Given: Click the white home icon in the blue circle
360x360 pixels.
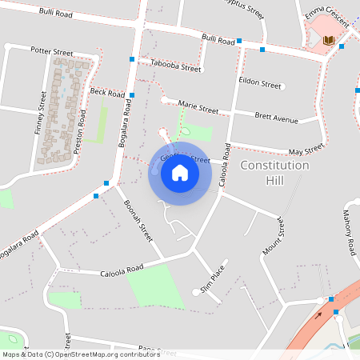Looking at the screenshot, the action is click(179, 173).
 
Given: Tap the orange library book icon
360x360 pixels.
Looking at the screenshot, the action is click(327, 41).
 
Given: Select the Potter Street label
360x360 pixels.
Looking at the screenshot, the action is click(51, 52).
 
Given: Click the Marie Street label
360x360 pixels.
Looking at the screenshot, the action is click(198, 107).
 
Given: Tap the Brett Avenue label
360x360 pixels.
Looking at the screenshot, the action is click(275, 118).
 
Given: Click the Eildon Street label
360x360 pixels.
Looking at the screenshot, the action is click(260, 84).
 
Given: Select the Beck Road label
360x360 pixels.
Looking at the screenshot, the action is click(107, 94).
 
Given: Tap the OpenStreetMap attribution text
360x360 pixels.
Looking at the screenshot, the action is click(81, 353).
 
